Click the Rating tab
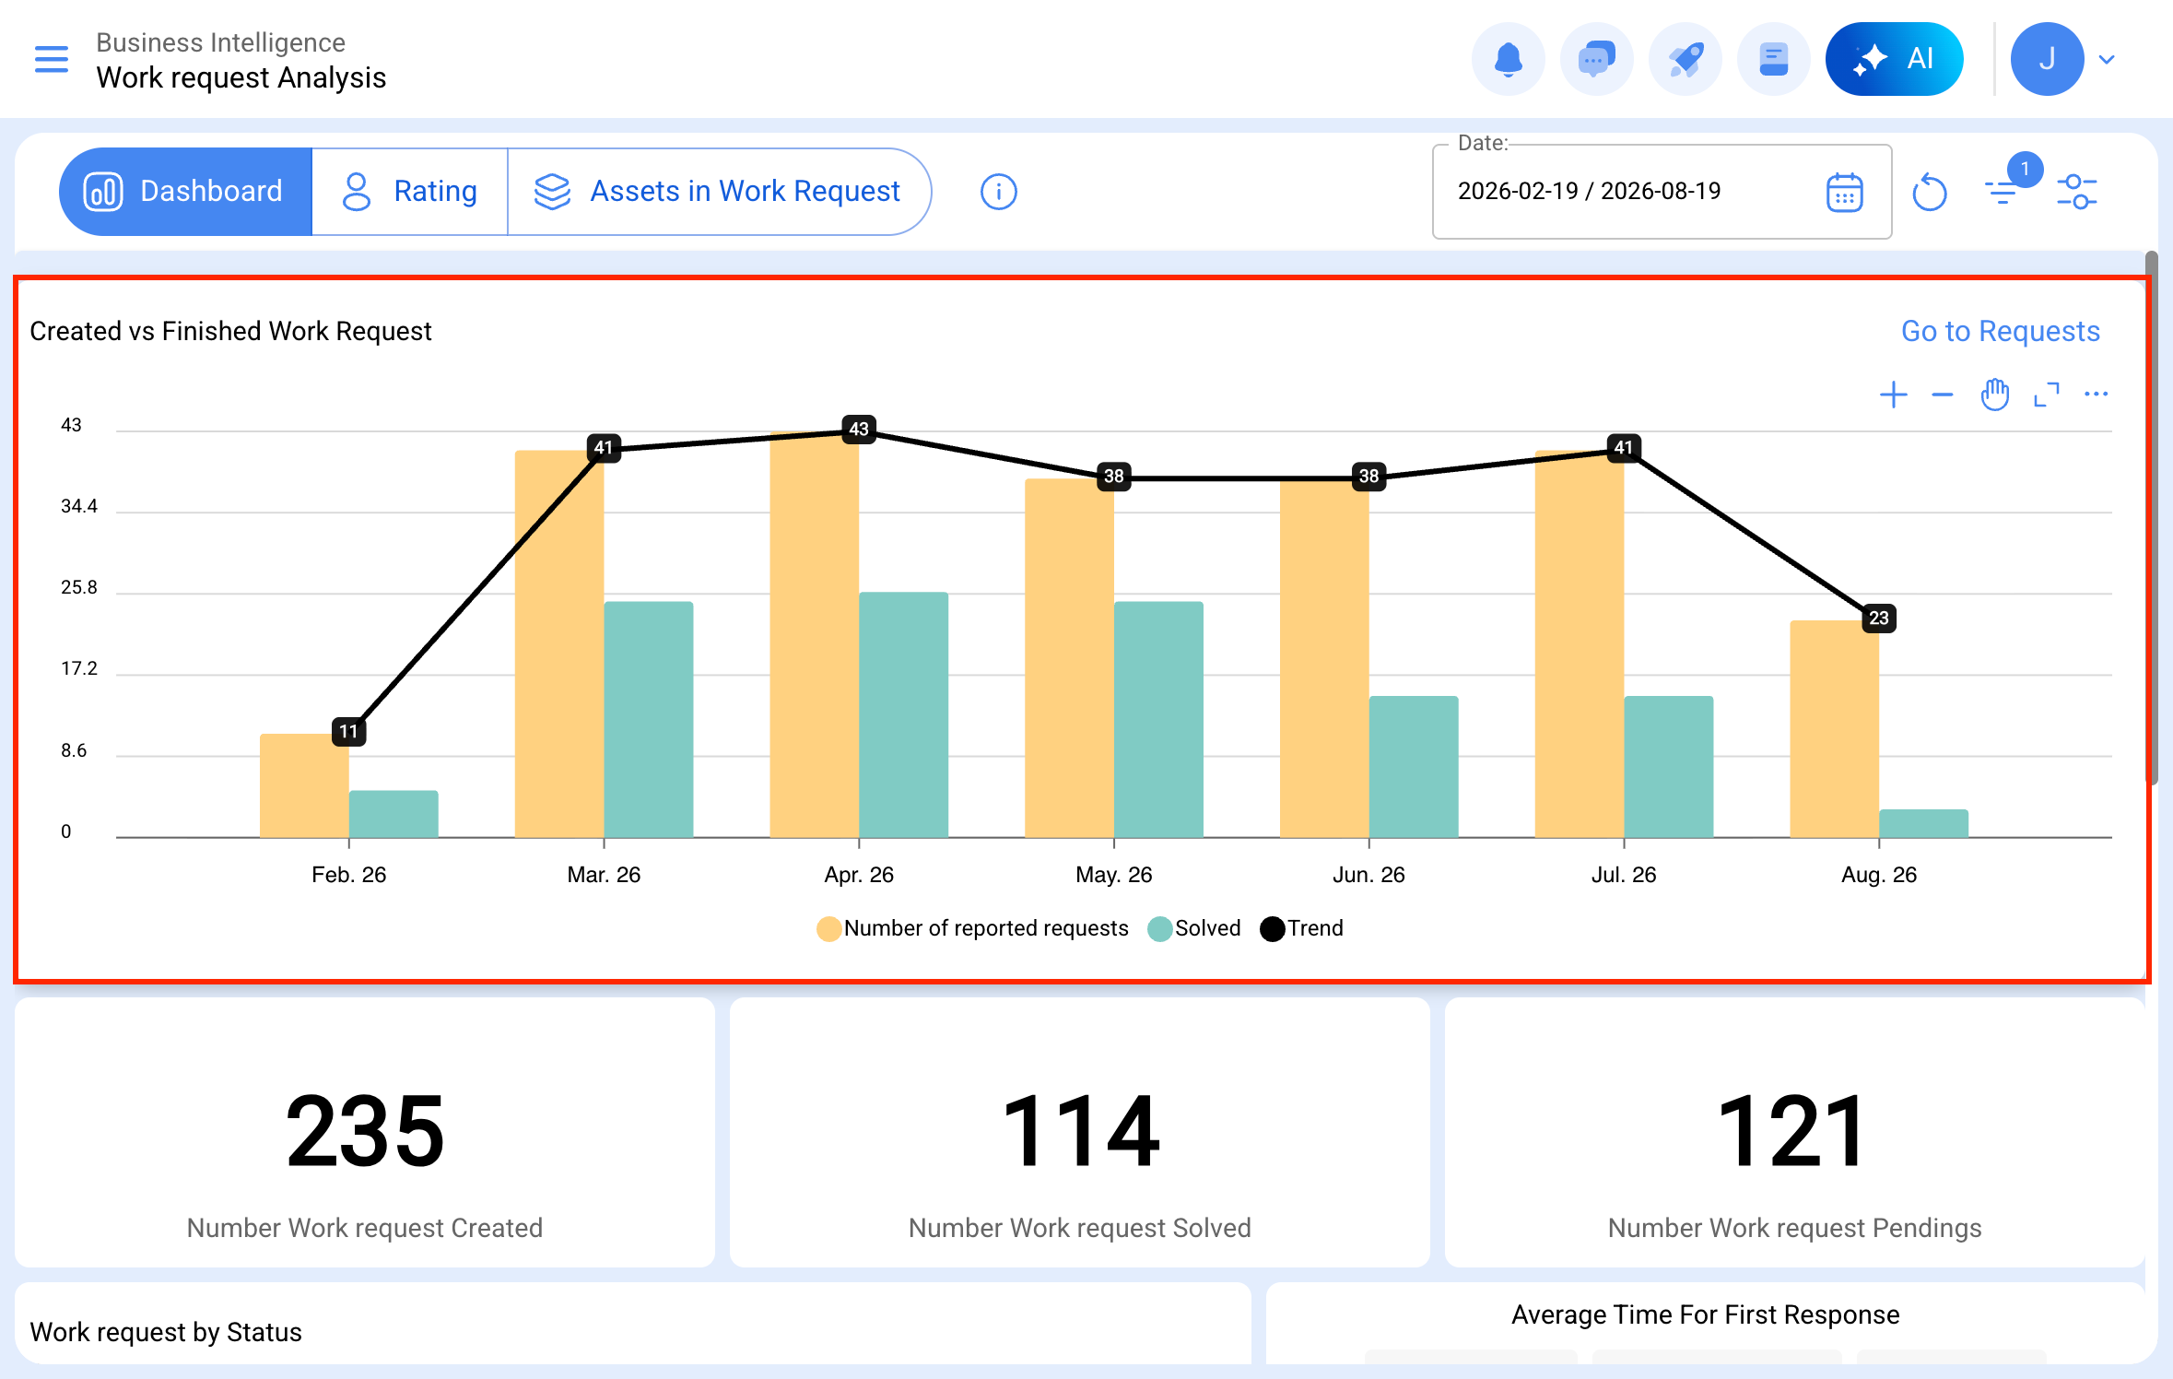coord(410,192)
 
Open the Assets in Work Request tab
coord(718,192)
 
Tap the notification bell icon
coord(1509,59)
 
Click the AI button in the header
coord(1894,59)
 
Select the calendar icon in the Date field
coord(1844,192)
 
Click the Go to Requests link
coord(2000,331)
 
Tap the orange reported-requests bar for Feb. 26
coord(304,785)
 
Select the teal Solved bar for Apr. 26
coord(903,714)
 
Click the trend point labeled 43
coord(859,429)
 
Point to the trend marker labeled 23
coord(1879,618)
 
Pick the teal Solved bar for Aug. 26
coord(1923,823)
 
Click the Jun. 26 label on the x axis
coord(1368,875)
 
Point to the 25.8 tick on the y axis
coord(79,587)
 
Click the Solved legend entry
coord(1194,928)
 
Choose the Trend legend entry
coord(1301,928)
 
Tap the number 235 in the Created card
coord(365,1131)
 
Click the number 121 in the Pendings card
coord(1793,1131)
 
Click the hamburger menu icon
coord(52,59)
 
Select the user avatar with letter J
coord(2047,59)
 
